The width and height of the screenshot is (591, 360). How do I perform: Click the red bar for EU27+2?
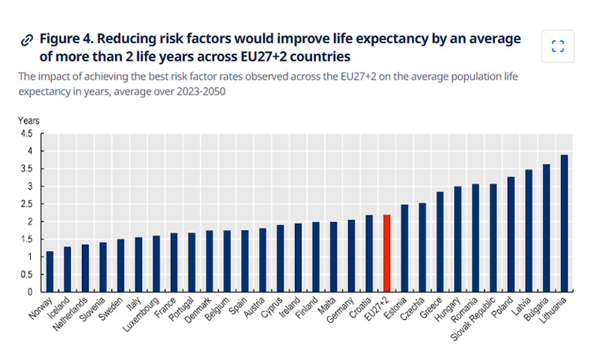coord(386,253)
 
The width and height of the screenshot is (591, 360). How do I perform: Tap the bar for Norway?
coord(50,271)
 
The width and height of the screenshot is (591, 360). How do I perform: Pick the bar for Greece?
coord(440,241)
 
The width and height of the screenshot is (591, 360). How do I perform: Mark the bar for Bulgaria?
coord(546,228)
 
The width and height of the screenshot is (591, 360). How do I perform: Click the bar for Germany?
coord(351,255)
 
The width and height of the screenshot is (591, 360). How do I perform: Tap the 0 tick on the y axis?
coord(32,291)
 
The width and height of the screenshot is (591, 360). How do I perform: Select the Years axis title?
coord(28,121)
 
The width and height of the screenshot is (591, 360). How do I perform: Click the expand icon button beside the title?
coord(558,46)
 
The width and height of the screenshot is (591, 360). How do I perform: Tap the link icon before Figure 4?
coord(27,39)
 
